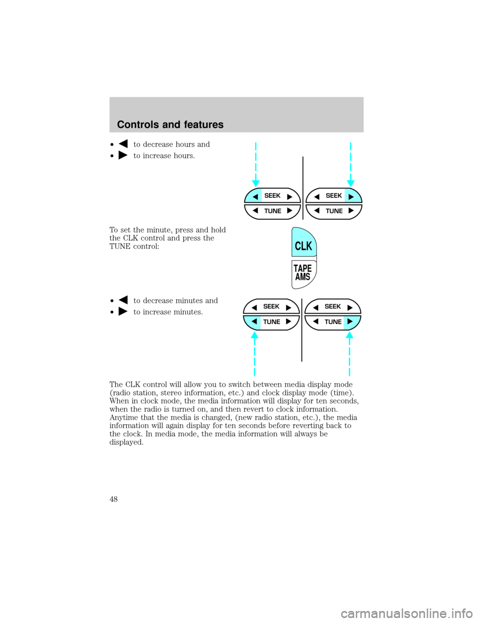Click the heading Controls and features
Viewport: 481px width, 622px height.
coord(170,125)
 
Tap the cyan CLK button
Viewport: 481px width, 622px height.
coord(304,242)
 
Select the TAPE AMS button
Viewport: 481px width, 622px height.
coord(303,273)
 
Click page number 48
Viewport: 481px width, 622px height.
coord(114,499)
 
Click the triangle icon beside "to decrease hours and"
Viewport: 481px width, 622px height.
coord(123,143)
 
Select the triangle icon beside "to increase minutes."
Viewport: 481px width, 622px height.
coord(123,311)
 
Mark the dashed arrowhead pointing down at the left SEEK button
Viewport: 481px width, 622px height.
coord(256,183)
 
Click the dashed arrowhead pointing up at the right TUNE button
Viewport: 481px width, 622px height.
coord(349,335)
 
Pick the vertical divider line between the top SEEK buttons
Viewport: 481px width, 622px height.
coord(303,188)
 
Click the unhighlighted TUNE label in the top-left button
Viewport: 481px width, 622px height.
coord(273,211)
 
